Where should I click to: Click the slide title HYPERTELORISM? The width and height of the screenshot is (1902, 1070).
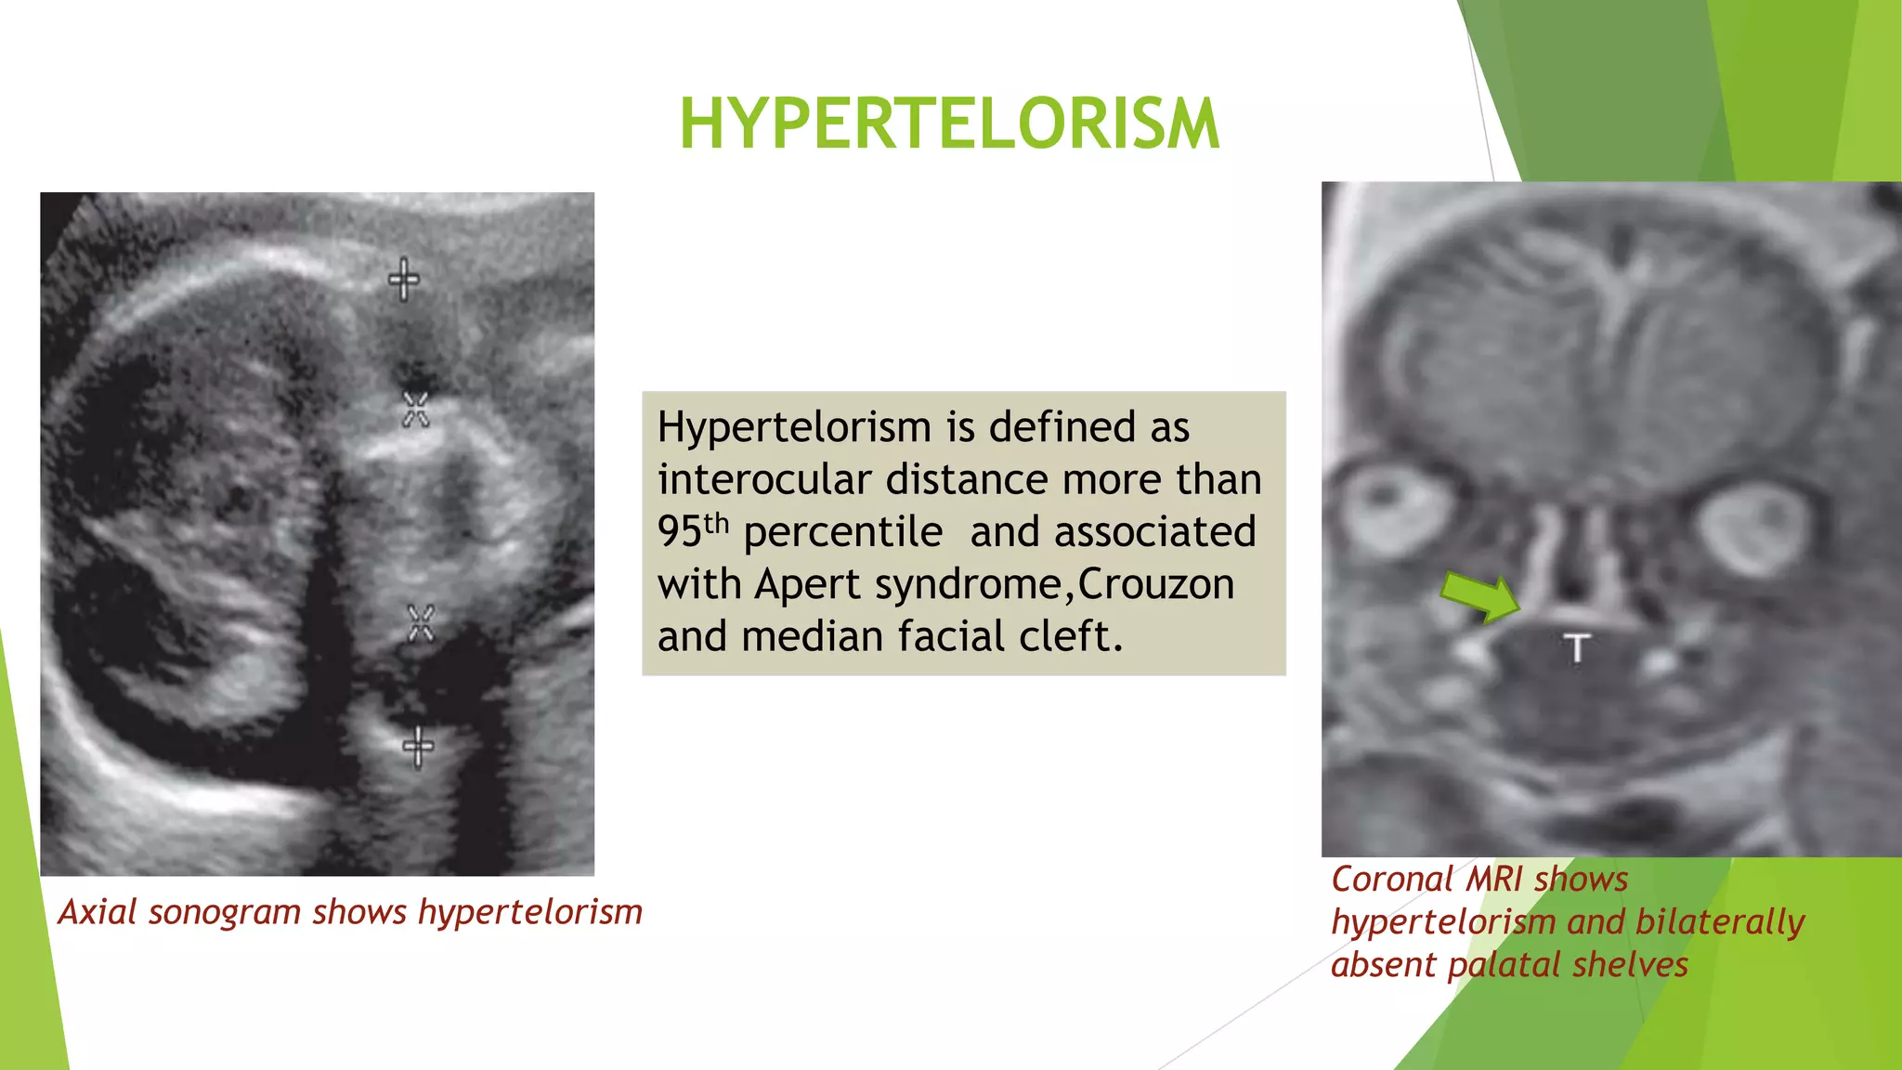[949, 124]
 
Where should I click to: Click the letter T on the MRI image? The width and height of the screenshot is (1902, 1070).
[1577, 648]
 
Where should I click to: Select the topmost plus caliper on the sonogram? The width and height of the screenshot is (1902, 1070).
[403, 279]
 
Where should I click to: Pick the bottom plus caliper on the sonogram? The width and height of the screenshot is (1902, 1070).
[418, 747]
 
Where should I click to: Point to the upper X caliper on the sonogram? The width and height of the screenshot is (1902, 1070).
[415, 409]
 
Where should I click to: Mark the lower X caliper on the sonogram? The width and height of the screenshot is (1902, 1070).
[421, 623]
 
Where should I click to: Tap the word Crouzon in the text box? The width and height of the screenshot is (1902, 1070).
[1156, 584]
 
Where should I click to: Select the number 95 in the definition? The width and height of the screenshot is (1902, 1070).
[679, 532]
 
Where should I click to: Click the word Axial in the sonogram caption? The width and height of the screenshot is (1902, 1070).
[98, 912]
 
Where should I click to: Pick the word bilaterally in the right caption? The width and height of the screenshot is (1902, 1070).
[1719, 921]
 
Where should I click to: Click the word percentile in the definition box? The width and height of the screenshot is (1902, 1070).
[842, 532]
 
